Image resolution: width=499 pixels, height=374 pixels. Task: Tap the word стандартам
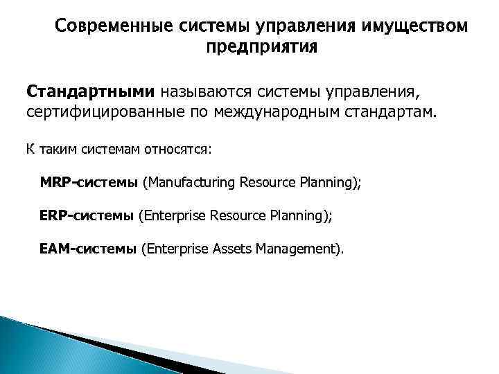(395, 112)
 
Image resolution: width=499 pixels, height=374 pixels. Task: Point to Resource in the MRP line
(268, 183)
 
